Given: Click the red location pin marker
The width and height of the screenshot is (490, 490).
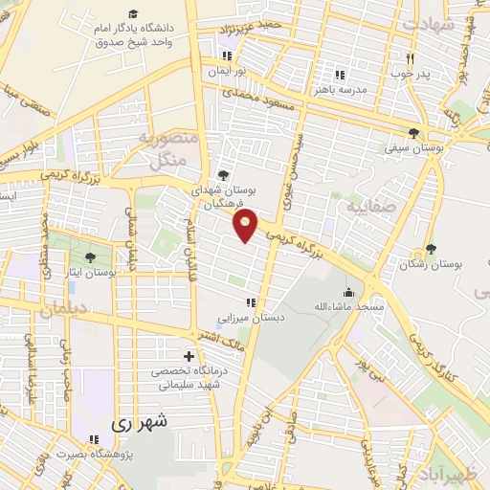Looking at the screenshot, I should tap(246, 226).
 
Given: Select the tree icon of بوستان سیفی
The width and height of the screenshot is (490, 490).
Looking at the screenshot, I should tap(413, 133).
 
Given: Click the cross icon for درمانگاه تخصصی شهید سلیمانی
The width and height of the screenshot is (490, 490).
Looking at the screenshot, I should tap(188, 356).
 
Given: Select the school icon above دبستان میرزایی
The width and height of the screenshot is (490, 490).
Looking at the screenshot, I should tap(251, 302).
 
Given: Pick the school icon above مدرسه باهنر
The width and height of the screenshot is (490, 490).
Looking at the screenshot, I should tap(338, 75).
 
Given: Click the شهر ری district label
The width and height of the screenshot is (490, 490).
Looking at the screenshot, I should tap(139, 420).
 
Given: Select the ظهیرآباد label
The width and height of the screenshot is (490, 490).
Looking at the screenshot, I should tap(451, 476).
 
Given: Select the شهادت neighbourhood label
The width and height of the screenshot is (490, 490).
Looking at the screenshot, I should tap(428, 26).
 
